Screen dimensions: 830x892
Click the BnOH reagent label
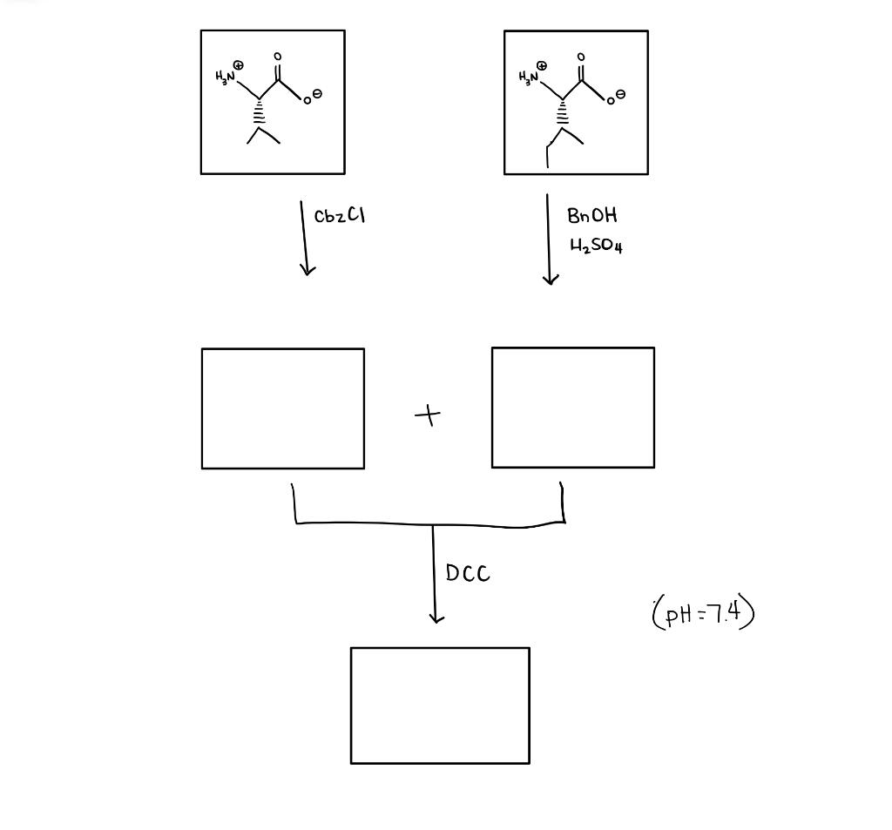(x=591, y=215)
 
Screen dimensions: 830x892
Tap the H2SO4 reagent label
(x=596, y=246)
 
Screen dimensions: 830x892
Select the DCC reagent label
(x=468, y=573)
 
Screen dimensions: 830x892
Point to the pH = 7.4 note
(x=702, y=613)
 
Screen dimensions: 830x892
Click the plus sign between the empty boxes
(x=428, y=415)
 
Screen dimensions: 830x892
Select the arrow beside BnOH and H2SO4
(x=549, y=240)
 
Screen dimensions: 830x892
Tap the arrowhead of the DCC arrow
(x=436, y=617)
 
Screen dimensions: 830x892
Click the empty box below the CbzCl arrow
(x=283, y=408)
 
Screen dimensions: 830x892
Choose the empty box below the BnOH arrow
(x=572, y=408)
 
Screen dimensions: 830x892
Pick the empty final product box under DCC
(x=440, y=705)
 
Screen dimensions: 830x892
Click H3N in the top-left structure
(x=225, y=78)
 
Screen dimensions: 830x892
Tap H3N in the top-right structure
(x=528, y=78)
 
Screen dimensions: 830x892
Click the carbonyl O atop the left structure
(x=278, y=57)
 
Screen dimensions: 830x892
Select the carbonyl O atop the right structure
(x=581, y=57)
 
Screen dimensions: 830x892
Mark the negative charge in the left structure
(x=318, y=93)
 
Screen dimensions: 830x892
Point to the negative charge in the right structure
(x=621, y=93)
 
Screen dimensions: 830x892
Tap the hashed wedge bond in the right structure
(x=563, y=113)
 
